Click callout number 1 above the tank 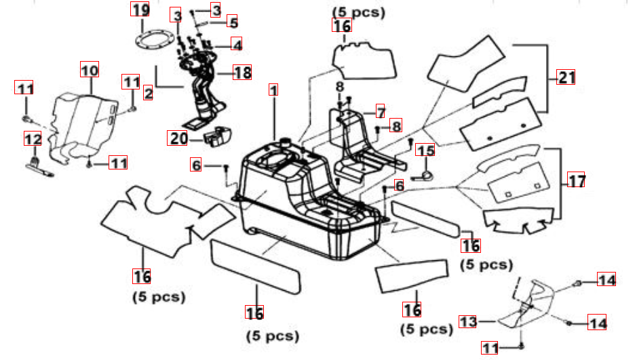273,89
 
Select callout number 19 140,11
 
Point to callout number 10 90,69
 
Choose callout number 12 33,139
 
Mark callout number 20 178,138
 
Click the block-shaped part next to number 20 218,138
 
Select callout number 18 243,73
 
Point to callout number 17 576,181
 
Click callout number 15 425,151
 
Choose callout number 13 468,321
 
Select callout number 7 380,112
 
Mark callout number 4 235,45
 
